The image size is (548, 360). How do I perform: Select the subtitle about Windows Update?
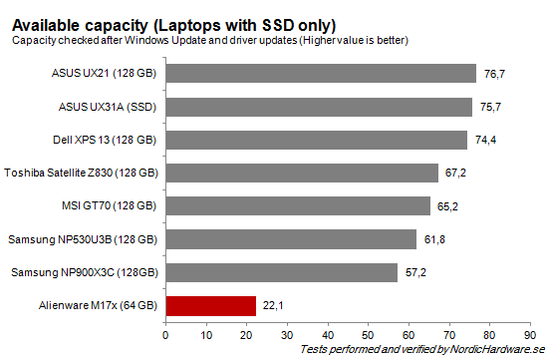pos(210,40)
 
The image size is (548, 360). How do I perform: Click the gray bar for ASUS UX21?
pos(321,74)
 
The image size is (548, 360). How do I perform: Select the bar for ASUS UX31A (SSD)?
pos(319,107)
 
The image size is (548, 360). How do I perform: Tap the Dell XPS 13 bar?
pos(316,140)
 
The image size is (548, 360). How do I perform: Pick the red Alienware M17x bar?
pos(210,305)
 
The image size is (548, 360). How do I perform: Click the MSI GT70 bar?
pos(298,206)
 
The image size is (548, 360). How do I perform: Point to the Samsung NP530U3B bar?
pos(291,239)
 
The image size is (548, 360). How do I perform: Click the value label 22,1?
pos(271,305)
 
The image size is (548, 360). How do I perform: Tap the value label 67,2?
pos(455,174)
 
